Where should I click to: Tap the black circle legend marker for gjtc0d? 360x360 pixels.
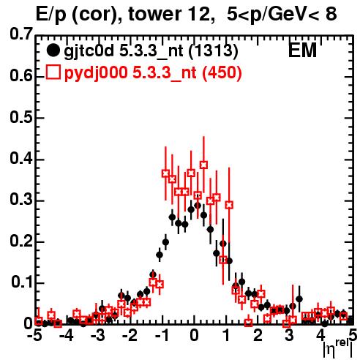click(x=53, y=50)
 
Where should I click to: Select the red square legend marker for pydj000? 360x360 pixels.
click(x=53, y=72)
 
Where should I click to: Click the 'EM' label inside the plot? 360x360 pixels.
click(x=302, y=50)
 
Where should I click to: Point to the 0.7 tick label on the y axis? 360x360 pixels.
click(x=21, y=34)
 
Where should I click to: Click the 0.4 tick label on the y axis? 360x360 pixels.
click(x=21, y=158)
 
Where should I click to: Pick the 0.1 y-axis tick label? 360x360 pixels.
click(x=22, y=282)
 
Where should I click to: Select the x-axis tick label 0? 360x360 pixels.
click(x=194, y=335)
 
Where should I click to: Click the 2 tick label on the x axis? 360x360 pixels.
click(x=258, y=335)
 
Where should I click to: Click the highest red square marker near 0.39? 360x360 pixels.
click(x=204, y=165)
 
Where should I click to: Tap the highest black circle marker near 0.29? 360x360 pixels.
click(x=198, y=206)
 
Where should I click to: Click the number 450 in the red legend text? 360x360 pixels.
click(x=222, y=72)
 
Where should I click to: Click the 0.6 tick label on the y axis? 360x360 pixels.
click(x=21, y=75)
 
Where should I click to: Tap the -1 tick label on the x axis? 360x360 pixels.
click(x=162, y=335)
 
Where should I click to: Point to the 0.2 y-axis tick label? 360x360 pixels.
click(x=21, y=241)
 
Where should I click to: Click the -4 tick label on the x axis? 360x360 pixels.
click(x=67, y=335)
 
